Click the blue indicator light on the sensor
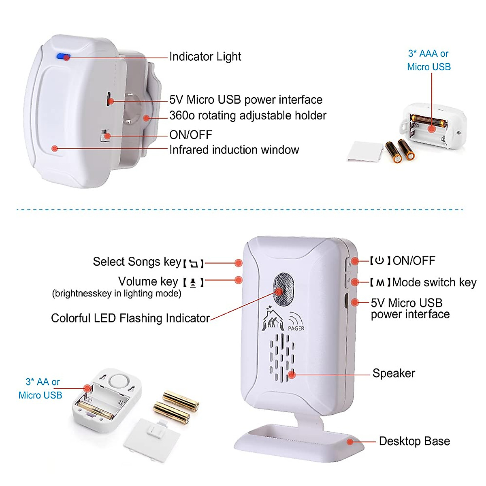(x=63, y=57)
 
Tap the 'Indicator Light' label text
(x=205, y=57)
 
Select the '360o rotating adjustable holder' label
(x=247, y=115)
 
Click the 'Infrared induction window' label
(x=234, y=150)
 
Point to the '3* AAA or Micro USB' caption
(x=428, y=60)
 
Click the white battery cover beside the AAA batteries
(x=364, y=151)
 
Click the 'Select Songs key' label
(x=137, y=262)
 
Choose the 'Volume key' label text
(x=148, y=281)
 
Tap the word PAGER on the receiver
(x=296, y=328)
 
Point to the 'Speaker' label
(x=394, y=373)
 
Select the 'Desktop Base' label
(x=414, y=441)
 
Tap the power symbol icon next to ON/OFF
(x=379, y=260)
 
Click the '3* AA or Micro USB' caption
(x=41, y=388)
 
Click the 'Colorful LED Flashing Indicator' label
(x=130, y=318)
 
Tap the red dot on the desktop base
(x=350, y=442)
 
